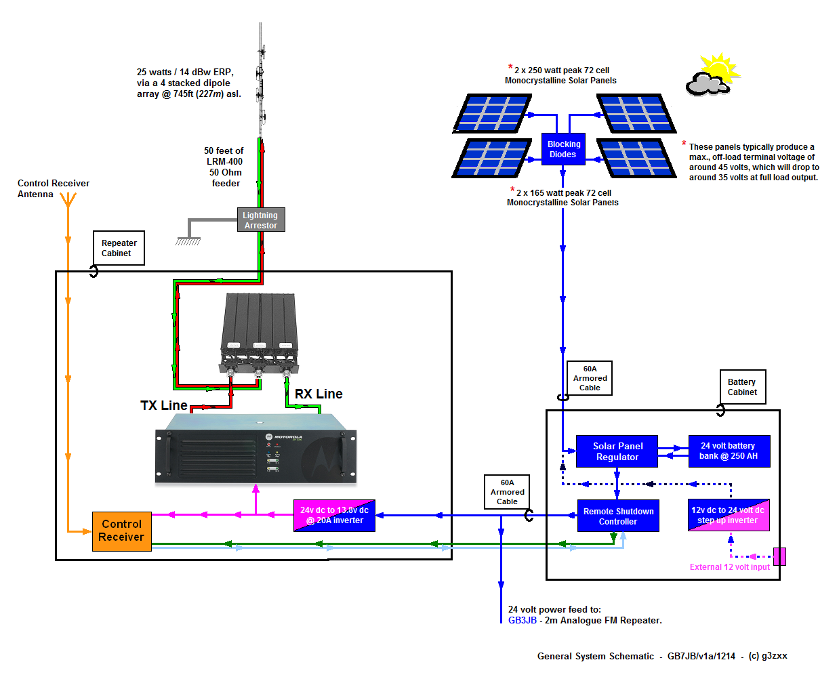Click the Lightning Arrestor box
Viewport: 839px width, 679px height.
tap(261, 220)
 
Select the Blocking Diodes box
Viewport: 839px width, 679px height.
tap(563, 149)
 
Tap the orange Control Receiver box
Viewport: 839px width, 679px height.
tap(122, 531)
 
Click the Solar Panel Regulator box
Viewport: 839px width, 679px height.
tap(617, 451)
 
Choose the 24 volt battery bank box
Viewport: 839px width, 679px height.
tap(729, 451)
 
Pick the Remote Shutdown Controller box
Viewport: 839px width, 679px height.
tap(618, 516)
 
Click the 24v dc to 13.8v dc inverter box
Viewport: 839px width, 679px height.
tap(334, 516)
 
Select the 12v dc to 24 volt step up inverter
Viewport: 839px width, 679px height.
tap(729, 515)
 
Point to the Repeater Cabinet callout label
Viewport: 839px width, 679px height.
tap(119, 248)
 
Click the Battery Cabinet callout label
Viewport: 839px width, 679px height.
tap(742, 387)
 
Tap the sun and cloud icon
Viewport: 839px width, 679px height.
tap(712, 75)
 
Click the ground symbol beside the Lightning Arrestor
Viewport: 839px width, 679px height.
tap(188, 241)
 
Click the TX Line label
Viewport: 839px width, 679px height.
tap(164, 405)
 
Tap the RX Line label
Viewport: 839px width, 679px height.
tap(319, 394)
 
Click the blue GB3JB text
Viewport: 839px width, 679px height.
tap(523, 620)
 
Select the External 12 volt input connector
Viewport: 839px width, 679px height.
tap(779, 556)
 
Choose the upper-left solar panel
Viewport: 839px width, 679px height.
tap(493, 113)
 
